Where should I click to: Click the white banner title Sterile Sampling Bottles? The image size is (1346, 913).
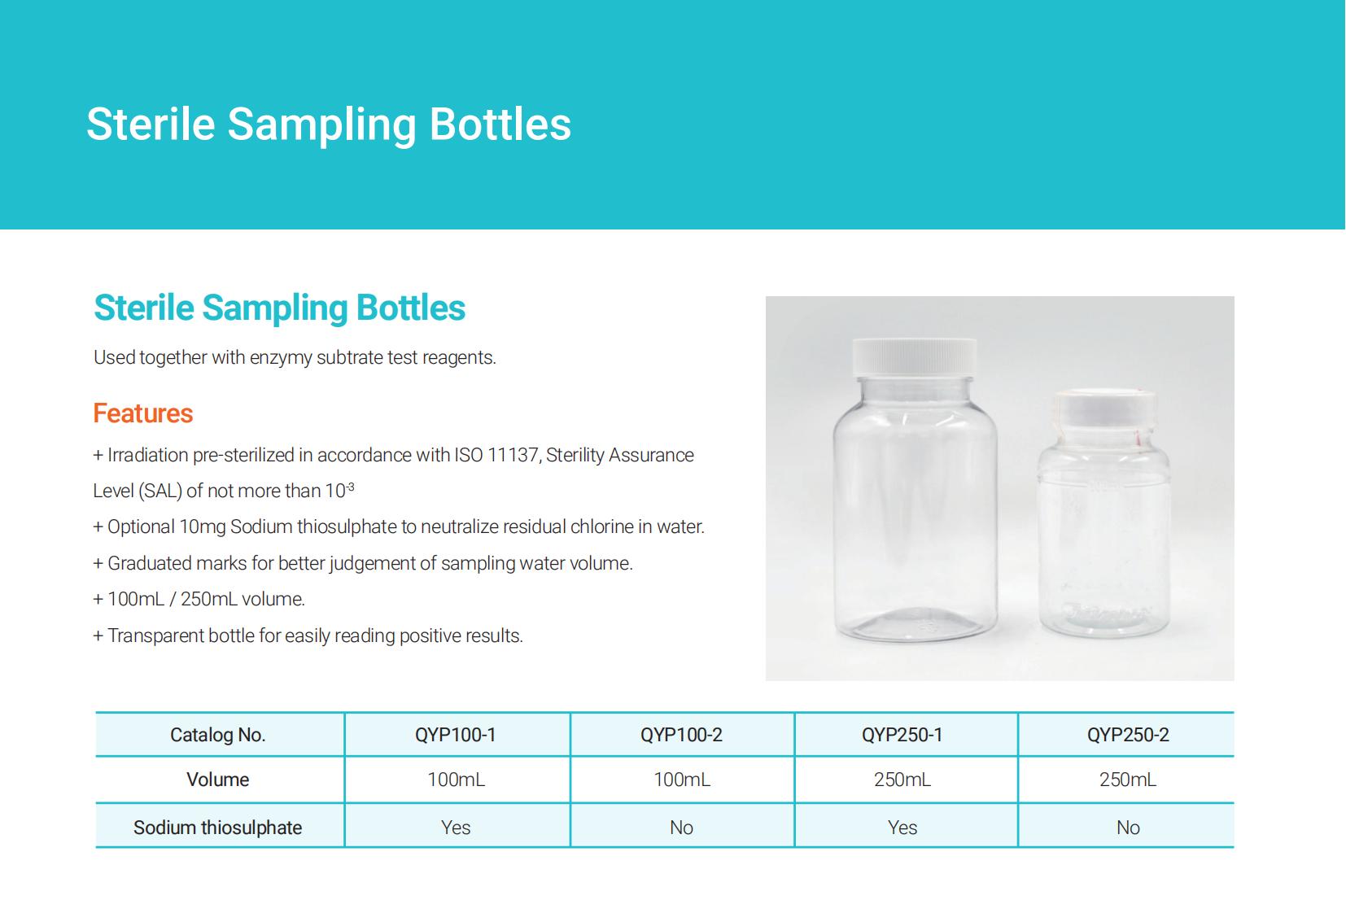(329, 124)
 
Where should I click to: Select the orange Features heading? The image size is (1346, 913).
(143, 413)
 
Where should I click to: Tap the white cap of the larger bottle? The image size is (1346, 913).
(914, 357)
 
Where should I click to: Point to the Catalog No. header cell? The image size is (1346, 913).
(218, 735)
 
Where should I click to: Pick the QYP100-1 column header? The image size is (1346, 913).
(456, 735)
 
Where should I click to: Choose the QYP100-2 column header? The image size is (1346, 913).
(681, 735)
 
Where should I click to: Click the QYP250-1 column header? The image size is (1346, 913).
(902, 735)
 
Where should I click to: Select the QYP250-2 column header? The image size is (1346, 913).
(1128, 735)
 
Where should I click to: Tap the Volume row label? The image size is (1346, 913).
(218, 780)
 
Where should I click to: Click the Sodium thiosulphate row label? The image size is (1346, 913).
(218, 828)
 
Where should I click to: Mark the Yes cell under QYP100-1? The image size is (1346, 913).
(456, 828)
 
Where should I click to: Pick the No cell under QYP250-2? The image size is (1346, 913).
(1128, 828)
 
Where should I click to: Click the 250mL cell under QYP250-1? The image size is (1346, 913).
(902, 780)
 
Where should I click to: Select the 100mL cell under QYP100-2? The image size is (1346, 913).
(681, 780)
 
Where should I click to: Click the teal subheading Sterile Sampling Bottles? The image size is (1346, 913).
(279, 308)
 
